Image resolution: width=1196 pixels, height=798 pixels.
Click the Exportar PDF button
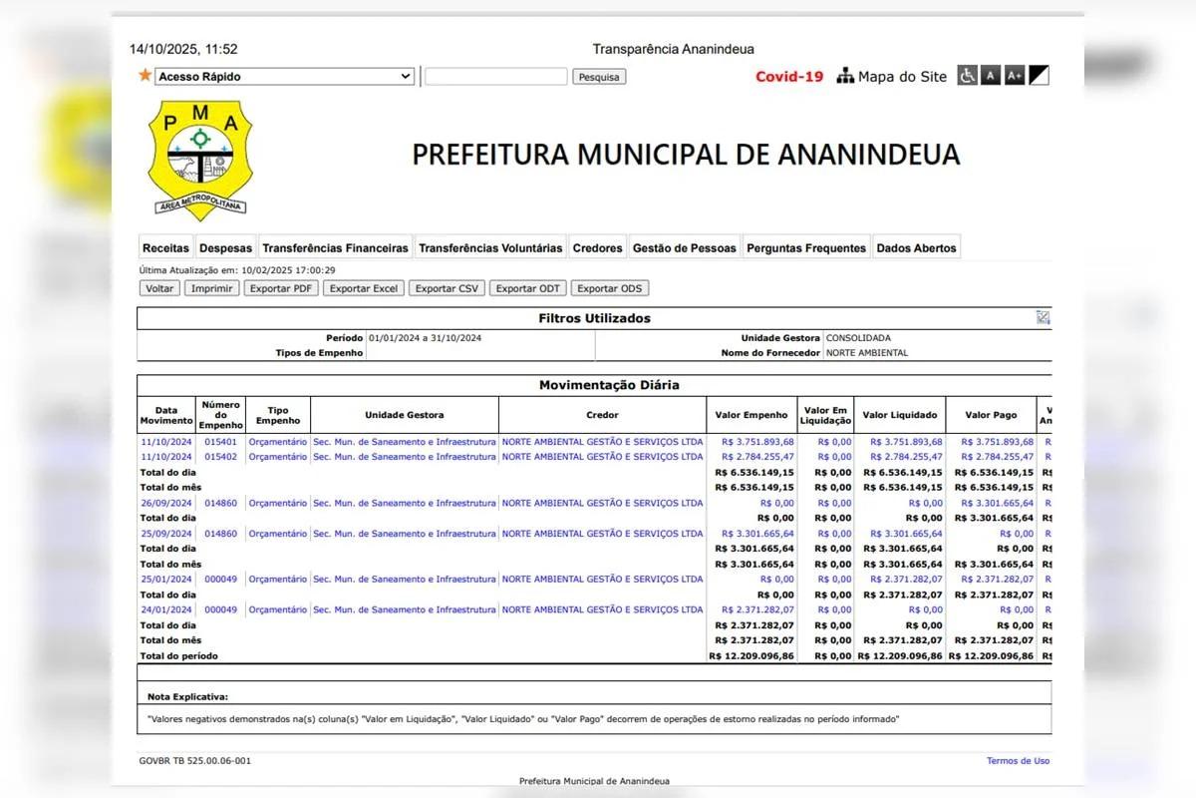pos(283,288)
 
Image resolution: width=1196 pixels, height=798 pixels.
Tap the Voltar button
pos(159,288)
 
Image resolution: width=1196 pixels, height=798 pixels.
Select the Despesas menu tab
pos(225,248)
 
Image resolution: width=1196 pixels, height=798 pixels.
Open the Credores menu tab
pos(598,248)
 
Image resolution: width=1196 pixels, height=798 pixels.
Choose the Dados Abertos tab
pos(916,248)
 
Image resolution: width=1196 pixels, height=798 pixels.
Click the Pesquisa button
pos(599,77)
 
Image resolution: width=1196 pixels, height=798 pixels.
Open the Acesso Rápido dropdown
pos(284,77)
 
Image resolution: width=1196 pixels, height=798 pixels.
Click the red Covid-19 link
pos(789,77)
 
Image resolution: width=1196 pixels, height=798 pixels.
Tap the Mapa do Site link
pos(892,77)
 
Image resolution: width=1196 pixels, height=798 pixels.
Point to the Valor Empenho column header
pos(751,415)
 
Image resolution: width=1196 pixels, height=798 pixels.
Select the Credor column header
pos(602,415)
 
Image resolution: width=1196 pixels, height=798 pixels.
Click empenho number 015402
pos(220,457)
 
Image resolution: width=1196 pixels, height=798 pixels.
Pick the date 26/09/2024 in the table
pos(165,503)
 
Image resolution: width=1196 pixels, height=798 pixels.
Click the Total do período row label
pos(179,656)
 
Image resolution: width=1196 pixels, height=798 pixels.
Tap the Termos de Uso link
pos(1018,761)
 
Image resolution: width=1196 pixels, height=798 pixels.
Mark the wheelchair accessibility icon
pos(967,76)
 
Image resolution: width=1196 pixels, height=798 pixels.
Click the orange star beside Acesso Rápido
pos(146,76)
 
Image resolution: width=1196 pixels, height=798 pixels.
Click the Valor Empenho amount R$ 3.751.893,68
pos(757,442)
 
